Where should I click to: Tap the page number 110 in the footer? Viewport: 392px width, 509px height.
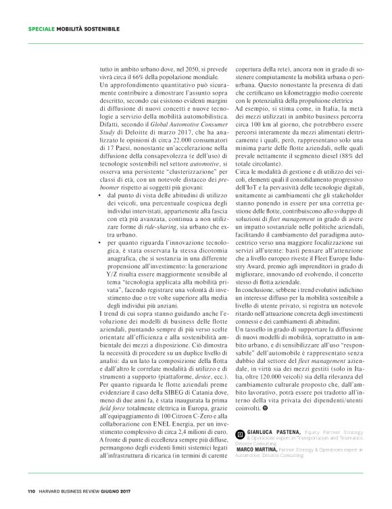point(32,491)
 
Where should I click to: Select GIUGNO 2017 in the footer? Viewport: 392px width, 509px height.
point(134,491)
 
